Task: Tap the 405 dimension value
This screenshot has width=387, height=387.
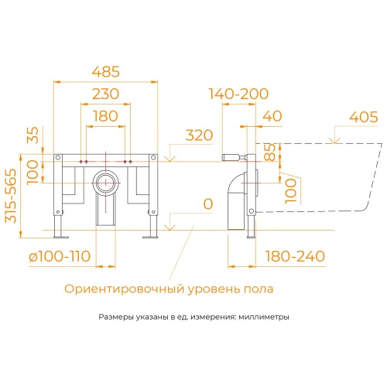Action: pyautogui.click(x=362, y=118)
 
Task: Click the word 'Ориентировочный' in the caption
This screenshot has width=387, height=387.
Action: pyautogui.click(x=125, y=289)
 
